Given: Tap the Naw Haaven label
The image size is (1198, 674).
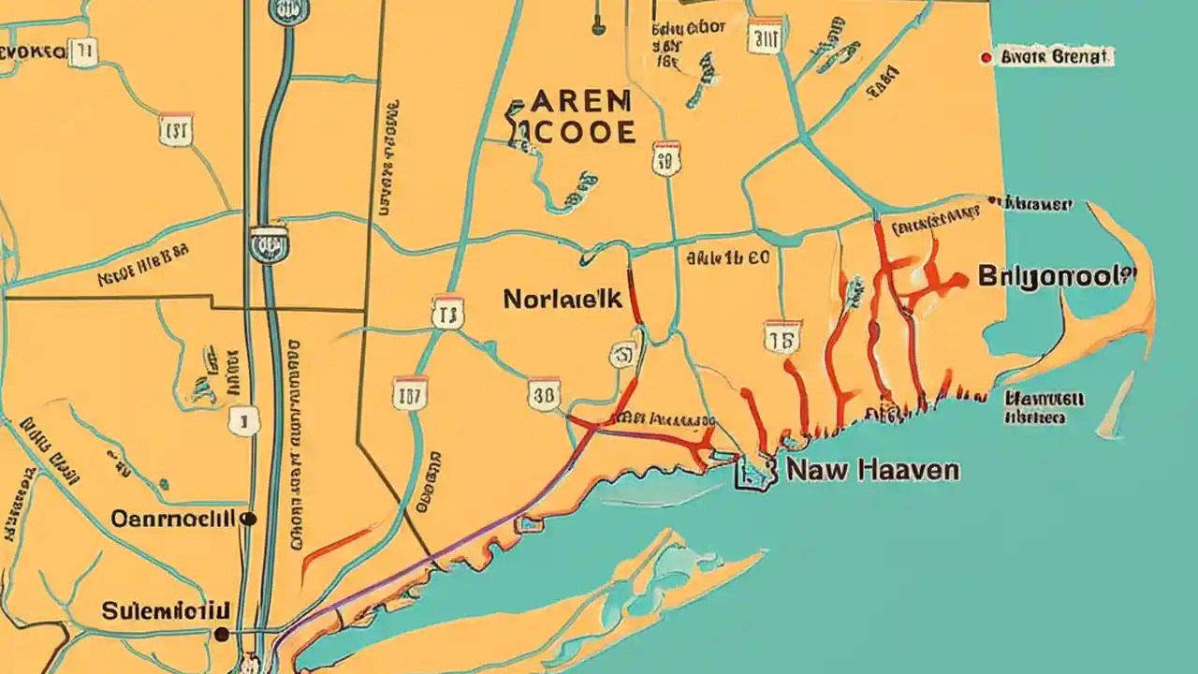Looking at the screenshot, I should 872,469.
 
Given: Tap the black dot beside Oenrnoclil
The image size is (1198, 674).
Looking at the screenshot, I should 248,517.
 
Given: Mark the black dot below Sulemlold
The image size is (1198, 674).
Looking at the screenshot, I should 221,634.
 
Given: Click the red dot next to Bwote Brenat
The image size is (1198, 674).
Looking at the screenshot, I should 985,58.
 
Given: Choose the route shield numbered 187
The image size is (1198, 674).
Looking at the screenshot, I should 409,393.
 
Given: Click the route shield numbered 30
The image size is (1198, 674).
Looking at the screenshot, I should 544,394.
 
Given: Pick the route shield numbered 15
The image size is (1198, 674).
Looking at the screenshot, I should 782,337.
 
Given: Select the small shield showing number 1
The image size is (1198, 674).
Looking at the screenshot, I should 242,421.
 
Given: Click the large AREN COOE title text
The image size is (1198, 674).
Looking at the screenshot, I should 571,117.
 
